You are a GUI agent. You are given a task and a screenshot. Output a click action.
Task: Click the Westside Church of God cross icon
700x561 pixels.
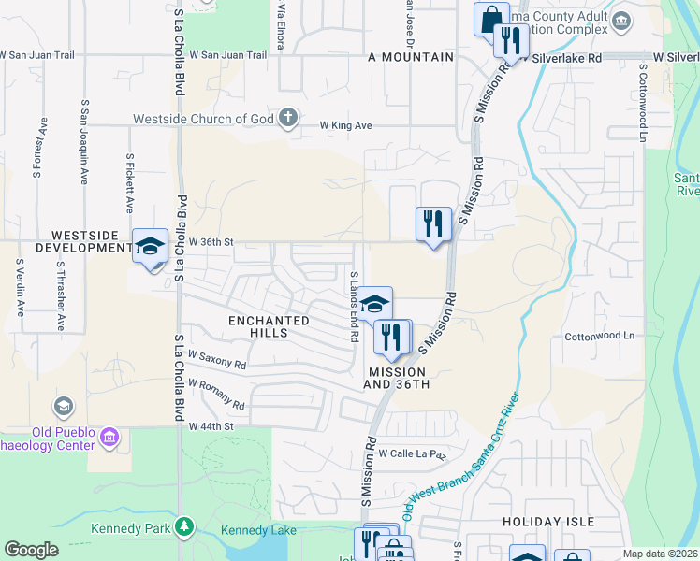tap(289, 118)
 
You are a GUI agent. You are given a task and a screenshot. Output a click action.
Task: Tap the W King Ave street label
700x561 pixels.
tap(346, 124)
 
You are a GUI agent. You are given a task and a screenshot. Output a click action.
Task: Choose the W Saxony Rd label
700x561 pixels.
tap(217, 360)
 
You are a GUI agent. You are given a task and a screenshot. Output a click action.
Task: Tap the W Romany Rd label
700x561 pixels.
tap(216, 395)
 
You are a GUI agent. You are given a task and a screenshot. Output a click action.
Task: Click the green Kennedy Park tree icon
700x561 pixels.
tap(185, 528)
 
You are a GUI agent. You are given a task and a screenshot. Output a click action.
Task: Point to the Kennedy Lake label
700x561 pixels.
tap(258, 530)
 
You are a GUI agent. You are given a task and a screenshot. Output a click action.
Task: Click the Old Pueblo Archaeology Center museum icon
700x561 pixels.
tap(109, 438)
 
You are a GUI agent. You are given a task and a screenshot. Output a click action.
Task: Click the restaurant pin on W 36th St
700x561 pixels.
tap(433, 225)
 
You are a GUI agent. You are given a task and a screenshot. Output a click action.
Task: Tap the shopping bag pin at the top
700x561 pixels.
tap(490, 18)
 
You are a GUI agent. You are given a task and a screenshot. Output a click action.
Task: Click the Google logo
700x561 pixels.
tap(31, 550)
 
